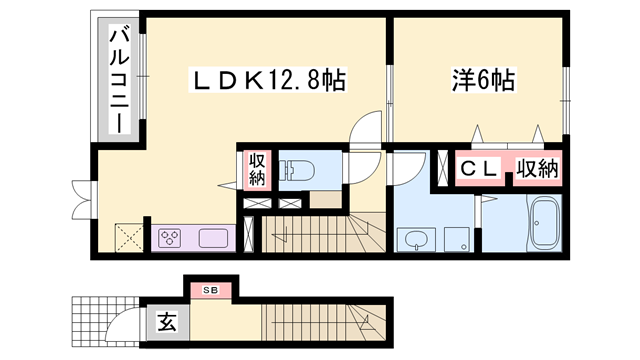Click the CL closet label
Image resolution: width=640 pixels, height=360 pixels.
pos(479,170)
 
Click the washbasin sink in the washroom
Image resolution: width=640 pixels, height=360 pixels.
pos(413,239)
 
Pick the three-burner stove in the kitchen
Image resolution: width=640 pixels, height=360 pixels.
pos(169,238)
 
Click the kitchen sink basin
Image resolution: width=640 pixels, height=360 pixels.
pos(213,238)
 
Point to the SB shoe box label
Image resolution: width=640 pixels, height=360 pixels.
pos(210,290)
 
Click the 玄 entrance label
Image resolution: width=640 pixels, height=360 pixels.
pos(166,322)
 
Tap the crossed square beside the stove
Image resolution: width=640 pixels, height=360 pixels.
pos(128,238)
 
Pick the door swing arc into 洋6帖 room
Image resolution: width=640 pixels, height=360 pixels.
pos(367,129)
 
